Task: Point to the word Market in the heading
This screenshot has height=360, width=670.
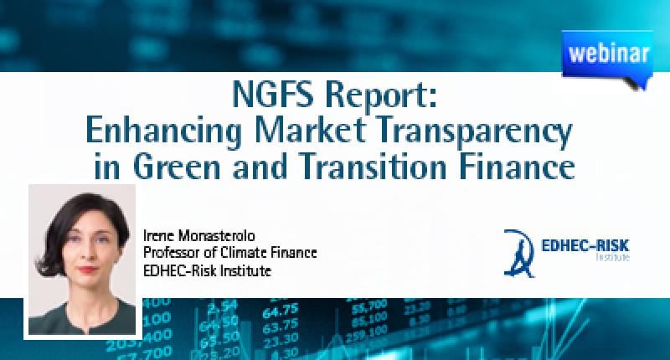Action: [310, 130]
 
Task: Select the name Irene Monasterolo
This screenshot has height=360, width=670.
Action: [198, 236]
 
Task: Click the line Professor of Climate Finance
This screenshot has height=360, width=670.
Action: [229, 253]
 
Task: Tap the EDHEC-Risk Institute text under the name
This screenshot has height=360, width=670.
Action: [207, 270]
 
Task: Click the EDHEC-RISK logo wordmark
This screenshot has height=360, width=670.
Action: [585, 249]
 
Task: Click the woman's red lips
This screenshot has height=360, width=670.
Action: [88, 270]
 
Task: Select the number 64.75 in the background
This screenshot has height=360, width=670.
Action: [280, 310]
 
